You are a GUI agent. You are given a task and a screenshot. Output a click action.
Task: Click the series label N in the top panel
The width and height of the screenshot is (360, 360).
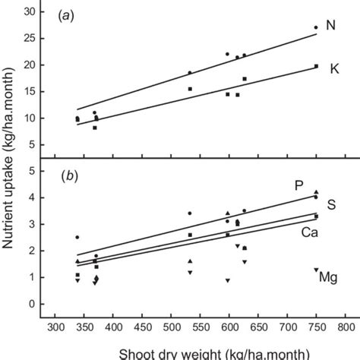point(330,26)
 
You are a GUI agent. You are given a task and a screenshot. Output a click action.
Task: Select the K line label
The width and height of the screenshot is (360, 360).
point(333,69)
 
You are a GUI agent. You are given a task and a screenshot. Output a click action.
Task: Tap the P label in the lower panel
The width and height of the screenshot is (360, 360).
point(299,185)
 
